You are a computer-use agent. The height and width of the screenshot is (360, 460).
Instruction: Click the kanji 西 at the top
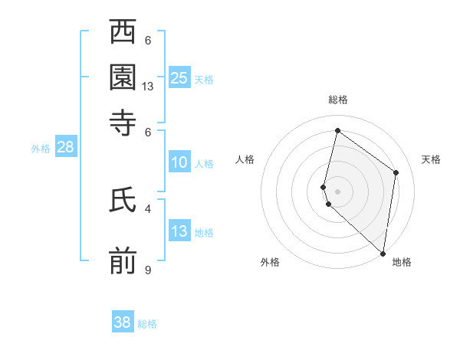coord(123,34)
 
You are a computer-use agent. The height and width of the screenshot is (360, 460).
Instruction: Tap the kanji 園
coord(123,77)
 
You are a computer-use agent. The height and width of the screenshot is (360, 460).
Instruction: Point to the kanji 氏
coord(123,201)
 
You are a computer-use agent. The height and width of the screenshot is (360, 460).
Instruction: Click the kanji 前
coord(123,260)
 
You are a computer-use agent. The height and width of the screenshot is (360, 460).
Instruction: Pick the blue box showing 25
coord(179,78)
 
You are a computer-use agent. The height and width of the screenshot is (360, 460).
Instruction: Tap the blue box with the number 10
coord(179,162)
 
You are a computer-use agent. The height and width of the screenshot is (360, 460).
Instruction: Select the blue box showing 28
coord(65,148)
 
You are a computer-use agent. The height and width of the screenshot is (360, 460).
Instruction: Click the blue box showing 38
coord(122,322)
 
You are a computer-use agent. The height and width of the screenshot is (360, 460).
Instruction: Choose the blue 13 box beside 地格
coord(179,231)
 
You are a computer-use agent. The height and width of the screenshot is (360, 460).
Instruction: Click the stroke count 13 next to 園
coord(148,87)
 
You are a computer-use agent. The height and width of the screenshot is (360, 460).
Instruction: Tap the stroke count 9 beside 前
coord(148,269)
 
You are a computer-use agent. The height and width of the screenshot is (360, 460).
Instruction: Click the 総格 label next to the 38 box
coord(147,324)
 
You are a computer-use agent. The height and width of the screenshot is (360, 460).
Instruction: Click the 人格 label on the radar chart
coord(245,159)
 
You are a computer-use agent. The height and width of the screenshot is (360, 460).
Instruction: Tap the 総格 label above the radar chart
coord(337,100)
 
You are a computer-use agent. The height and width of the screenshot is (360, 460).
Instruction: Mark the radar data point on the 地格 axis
coord(383,253)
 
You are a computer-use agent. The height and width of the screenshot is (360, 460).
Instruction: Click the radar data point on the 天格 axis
coord(396,172)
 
